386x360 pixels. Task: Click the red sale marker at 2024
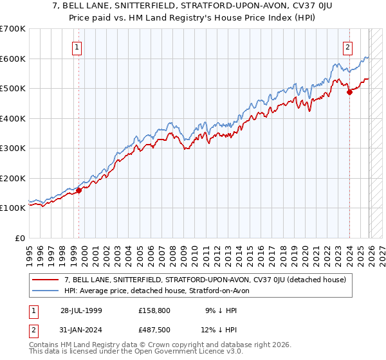click(349, 92)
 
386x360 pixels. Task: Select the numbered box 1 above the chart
click(77, 46)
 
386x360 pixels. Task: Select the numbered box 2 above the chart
click(347, 46)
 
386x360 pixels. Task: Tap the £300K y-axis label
click(13, 148)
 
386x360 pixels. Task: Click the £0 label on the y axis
click(20, 239)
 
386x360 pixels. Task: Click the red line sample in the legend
click(46, 280)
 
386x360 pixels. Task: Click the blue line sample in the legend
click(46, 291)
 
